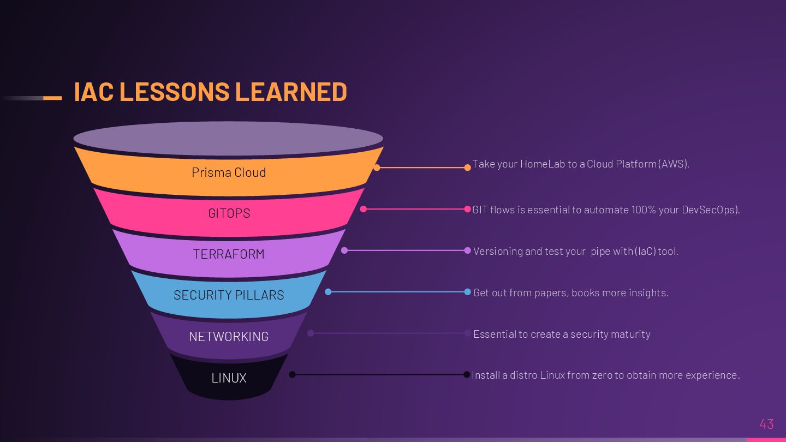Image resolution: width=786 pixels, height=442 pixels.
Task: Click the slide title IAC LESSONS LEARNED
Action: click(210, 92)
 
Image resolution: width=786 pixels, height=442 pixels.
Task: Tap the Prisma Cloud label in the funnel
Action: click(229, 172)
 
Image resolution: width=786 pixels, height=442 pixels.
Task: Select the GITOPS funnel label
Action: click(229, 213)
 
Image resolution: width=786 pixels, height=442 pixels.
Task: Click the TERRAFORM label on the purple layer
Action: click(229, 254)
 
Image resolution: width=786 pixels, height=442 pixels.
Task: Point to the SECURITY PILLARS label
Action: click(229, 295)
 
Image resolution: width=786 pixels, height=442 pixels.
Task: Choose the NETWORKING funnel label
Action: click(229, 337)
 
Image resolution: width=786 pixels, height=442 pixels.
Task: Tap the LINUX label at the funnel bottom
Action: click(229, 378)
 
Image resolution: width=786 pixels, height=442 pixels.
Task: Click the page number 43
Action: click(766, 424)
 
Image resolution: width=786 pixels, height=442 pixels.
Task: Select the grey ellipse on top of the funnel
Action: click(228, 138)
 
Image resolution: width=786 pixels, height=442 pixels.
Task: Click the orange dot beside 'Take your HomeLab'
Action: click(467, 168)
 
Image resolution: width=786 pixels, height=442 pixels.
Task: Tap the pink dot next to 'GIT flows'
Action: click(467, 209)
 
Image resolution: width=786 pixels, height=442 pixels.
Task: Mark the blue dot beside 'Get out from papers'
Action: click(467, 292)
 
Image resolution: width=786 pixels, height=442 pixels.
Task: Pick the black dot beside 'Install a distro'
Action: click(467, 374)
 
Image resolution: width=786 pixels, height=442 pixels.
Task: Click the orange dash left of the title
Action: click(52, 98)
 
